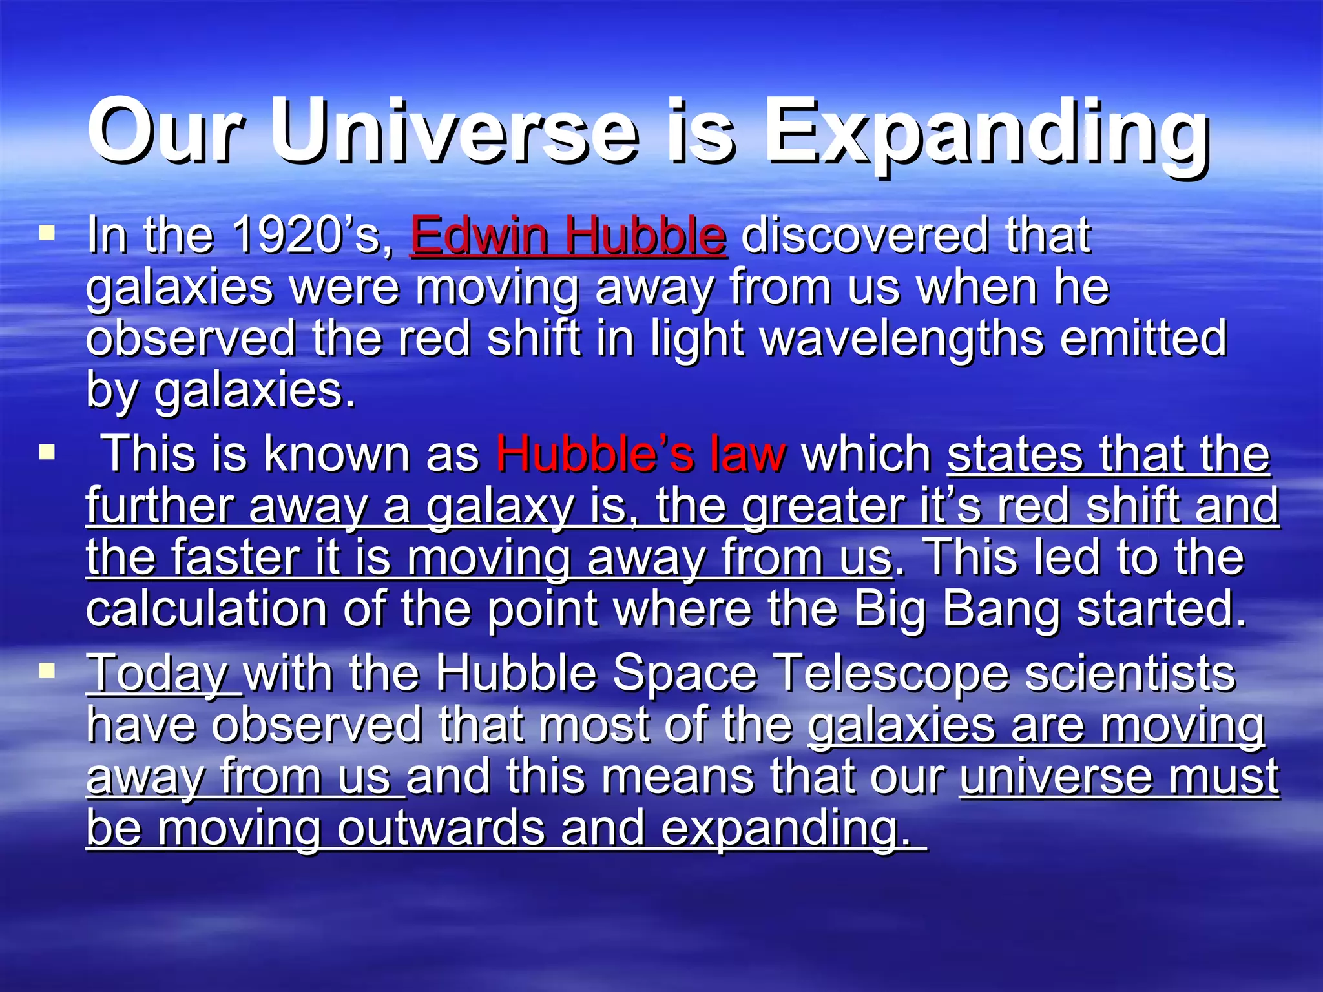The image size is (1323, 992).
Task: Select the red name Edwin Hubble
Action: coord(568,235)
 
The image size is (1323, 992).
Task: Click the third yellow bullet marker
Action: coord(47,671)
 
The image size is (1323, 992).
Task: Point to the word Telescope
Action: coord(891,674)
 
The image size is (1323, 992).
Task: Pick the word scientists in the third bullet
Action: coord(1130,674)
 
